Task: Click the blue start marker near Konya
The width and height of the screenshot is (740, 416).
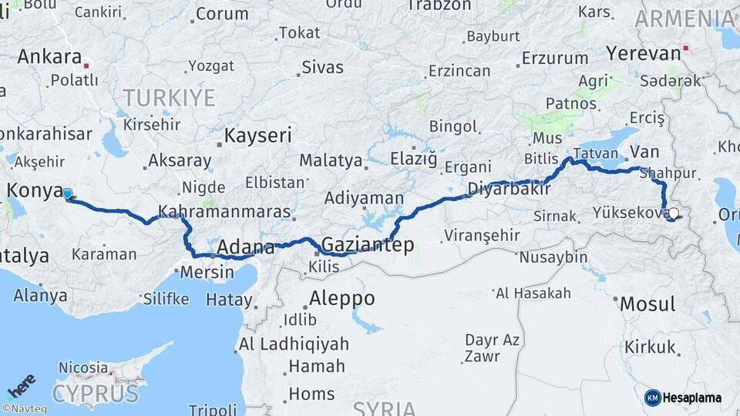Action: click(67, 194)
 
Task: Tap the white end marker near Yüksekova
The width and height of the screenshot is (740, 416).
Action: click(674, 214)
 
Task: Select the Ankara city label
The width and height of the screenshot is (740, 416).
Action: click(49, 56)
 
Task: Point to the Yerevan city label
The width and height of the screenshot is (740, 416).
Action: click(644, 53)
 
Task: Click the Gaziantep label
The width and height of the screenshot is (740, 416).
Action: click(368, 245)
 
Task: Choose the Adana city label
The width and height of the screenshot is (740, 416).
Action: click(246, 247)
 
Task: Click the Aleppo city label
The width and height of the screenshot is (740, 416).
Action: click(342, 298)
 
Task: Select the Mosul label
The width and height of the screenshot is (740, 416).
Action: click(647, 304)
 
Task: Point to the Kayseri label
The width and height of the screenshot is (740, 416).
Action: click(258, 136)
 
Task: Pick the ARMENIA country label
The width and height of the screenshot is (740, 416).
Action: click(684, 18)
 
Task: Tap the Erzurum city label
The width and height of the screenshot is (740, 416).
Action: click(555, 58)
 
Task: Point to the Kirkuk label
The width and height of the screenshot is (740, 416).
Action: click(650, 347)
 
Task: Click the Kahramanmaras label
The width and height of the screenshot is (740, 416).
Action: click(224, 211)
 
